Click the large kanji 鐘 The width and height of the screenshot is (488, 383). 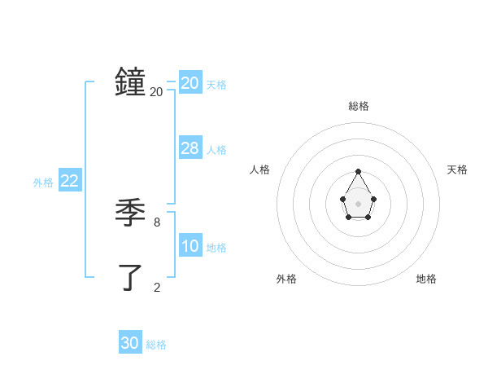point(130,82)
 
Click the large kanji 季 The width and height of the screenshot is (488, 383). point(130,213)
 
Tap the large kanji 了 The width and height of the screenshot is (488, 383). point(130,277)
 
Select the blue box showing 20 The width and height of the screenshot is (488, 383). point(190,82)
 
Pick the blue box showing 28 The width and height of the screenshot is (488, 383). point(190,148)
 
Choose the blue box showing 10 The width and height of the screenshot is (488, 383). point(190,246)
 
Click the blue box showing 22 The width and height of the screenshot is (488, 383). point(70,181)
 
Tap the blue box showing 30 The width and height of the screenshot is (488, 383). point(130,343)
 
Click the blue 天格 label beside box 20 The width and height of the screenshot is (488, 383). point(216,84)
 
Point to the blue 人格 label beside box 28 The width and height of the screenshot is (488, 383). point(216,150)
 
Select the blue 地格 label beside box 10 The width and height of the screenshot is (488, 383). point(216,248)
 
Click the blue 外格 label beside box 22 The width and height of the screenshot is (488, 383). point(43,183)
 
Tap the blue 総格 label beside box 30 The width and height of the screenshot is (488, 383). point(156,345)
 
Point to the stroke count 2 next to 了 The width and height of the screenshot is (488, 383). point(157,287)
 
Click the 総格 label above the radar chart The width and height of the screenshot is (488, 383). point(359,106)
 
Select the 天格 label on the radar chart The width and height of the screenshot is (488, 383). point(458,169)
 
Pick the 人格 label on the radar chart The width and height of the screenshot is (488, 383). point(259,169)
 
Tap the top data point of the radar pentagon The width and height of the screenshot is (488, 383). point(358,171)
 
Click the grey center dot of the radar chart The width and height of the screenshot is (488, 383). point(358,203)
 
